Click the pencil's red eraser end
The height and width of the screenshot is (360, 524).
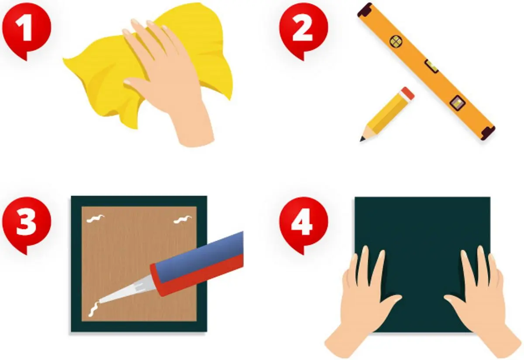point(407,94)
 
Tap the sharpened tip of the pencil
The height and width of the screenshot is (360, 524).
point(362,139)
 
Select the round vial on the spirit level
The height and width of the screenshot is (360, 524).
point(396,41)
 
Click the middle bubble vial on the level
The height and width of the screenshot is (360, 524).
point(431,66)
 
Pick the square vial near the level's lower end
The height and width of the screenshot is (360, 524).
point(457,103)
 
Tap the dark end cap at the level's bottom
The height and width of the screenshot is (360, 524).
point(487,133)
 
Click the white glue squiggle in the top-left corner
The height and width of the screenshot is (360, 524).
point(96,219)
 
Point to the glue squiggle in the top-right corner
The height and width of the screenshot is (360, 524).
point(183,220)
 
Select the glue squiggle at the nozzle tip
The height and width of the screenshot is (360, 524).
point(93,309)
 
